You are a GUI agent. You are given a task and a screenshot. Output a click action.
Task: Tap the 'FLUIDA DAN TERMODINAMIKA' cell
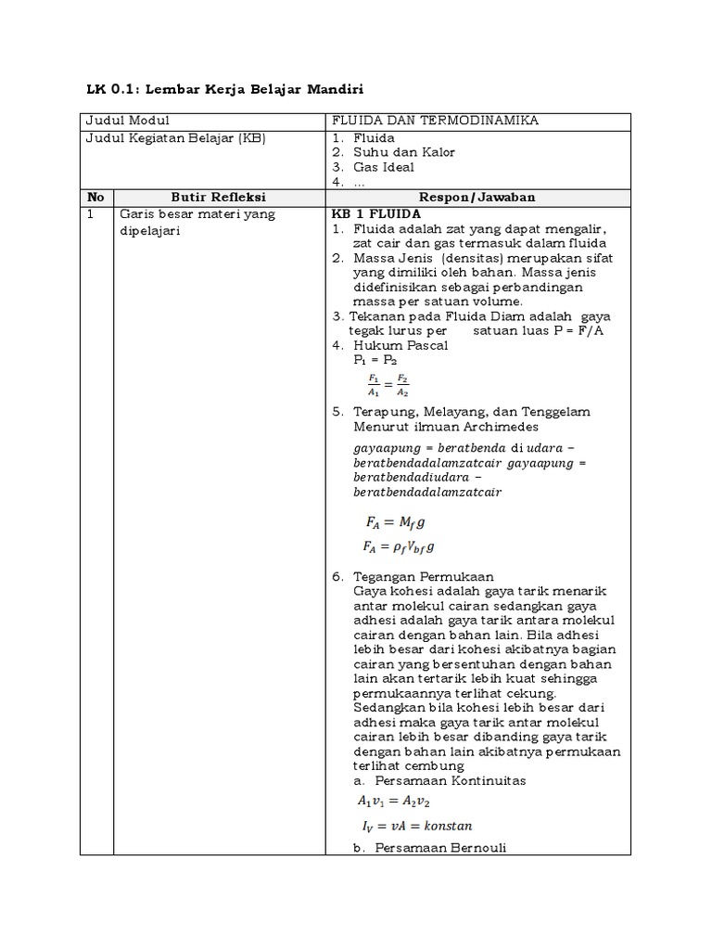click(x=435, y=122)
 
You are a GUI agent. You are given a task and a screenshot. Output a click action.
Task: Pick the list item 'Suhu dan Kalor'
click(x=403, y=152)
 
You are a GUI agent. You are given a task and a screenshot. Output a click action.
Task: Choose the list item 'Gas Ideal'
click(x=383, y=167)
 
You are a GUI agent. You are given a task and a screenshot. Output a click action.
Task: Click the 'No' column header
click(x=95, y=198)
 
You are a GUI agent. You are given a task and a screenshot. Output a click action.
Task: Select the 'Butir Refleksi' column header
click(x=219, y=198)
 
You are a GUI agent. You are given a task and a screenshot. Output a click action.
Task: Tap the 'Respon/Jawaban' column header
click(x=477, y=198)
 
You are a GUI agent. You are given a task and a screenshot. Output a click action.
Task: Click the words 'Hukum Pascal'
click(x=400, y=345)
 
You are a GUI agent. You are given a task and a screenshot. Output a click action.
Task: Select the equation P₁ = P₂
click(x=375, y=360)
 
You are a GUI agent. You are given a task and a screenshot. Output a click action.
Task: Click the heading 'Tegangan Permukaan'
click(x=423, y=576)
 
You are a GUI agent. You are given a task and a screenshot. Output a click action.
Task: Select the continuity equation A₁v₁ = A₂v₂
click(x=394, y=800)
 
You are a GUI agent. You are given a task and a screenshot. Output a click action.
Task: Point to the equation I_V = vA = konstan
click(x=417, y=825)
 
